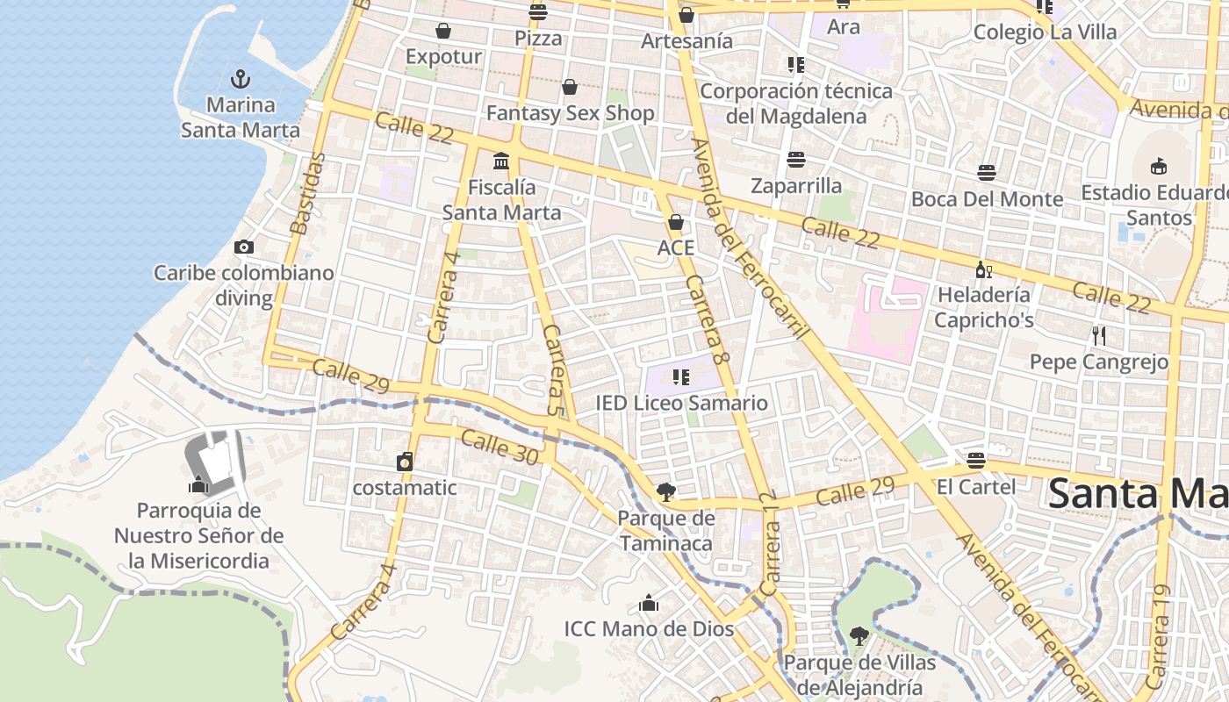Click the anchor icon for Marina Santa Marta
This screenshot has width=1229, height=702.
pyautogui.click(x=240, y=78)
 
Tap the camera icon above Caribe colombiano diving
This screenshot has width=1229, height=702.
pyautogui.click(x=244, y=247)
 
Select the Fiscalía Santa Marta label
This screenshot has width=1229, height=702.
pyautogui.click(x=501, y=200)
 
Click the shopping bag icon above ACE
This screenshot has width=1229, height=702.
pyautogui.click(x=675, y=222)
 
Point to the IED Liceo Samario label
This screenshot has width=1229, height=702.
pyautogui.click(x=681, y=403)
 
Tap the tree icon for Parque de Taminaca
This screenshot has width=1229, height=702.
pyautogui.click(x=666, y=491)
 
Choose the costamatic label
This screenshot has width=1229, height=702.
pyautogui.click(x=405, y=487)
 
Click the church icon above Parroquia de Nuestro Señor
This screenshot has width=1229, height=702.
pyautogui.click(x=198, y=484)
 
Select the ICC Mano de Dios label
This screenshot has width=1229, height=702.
pyautogui.click(x=649, y=628)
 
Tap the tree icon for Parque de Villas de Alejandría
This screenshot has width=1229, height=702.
pyautogui.click(x=859, y=636)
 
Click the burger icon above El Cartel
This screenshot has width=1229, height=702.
pyautogui.click(x=975, y=461)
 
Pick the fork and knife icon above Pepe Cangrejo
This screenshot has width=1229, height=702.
pyautogui.click(x=1098, y=335)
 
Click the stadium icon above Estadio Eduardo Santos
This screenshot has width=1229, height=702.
pyautogui.click(x=1158, y=166)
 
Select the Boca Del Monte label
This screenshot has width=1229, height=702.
pyautogui.click(x=987, y=199)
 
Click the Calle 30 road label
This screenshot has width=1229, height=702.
pyautogui.click(x=499, y=448)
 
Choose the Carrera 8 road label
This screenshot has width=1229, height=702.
pyautogui.click(x=708, y=319)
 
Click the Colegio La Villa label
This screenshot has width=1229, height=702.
pyautogui.click(x=1045, y=32)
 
